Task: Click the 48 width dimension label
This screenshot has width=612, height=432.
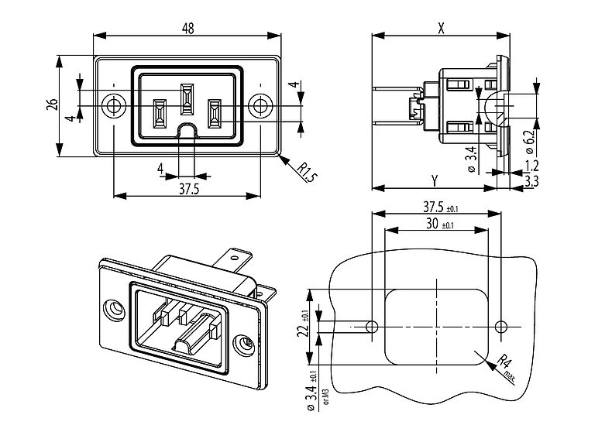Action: [187, 28]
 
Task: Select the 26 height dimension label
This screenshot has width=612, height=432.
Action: [52, 105]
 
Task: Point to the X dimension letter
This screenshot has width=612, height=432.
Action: [440, 28]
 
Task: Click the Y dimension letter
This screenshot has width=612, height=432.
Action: [435, 180]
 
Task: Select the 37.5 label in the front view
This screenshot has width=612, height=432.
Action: [187, 189]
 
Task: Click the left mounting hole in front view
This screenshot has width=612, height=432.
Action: [114, 105]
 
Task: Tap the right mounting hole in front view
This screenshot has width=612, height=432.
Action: [260, 105]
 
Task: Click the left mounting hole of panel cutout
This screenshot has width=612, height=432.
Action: [372, 327]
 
